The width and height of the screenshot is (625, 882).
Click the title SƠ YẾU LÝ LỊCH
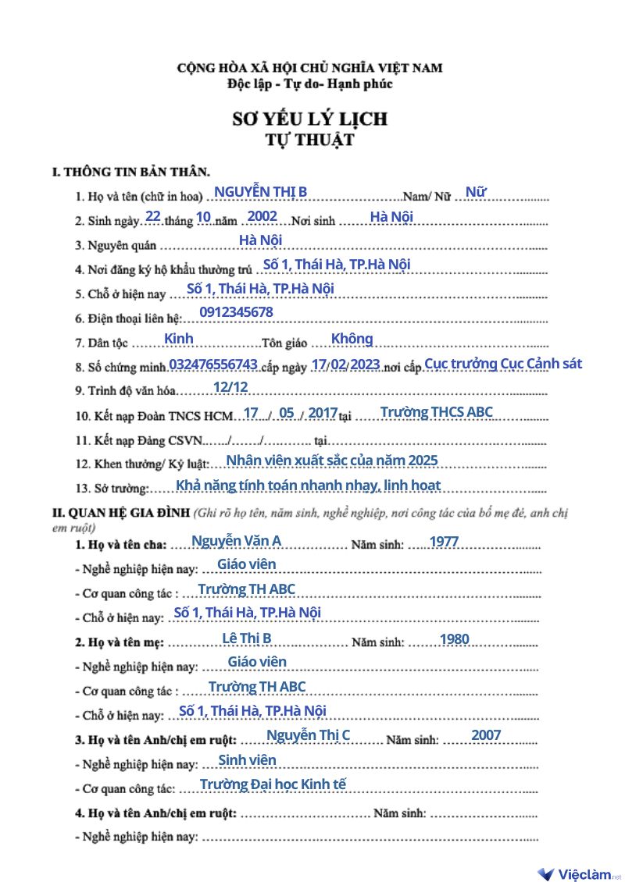310,119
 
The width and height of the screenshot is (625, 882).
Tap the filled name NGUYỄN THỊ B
260,192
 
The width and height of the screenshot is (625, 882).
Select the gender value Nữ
476,191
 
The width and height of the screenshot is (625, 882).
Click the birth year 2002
262,216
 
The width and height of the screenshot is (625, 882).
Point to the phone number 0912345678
236,312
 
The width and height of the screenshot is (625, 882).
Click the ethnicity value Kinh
179,339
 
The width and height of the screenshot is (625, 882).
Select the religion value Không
352,339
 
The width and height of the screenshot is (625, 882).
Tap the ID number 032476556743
212,365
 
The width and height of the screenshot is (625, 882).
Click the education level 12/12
230,387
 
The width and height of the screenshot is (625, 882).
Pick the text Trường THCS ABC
436,412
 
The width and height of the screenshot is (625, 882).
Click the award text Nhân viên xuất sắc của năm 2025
331,460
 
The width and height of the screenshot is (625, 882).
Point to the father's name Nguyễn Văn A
236,541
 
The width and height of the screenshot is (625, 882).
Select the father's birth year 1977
444,541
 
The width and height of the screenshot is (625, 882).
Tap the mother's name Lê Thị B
247,638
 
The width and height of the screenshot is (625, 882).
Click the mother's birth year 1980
454,639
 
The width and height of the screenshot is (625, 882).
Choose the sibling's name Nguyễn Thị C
308,735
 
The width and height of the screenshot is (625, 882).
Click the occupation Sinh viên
247,759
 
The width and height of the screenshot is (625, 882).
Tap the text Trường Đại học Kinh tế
273,784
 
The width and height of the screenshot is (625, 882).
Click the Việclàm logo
579,874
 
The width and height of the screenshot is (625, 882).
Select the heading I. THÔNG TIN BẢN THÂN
130,169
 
